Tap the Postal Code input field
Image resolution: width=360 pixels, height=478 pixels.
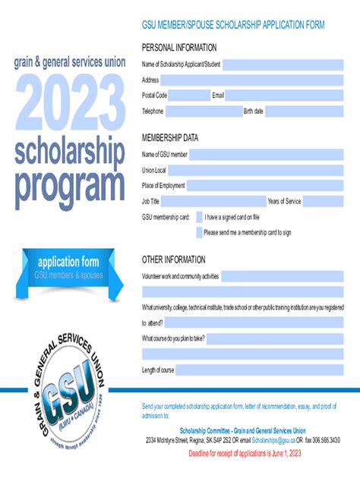[x=189, y=96]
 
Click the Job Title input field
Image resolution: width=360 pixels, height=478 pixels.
[x=213, y=201]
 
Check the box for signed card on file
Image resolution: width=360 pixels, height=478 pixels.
[x=200, y=217]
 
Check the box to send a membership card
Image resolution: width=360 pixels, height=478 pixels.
[x=200, y=233]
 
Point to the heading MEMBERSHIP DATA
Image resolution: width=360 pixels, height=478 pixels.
[x=169, y=138]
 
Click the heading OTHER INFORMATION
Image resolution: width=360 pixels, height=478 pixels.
[x=173, y=259]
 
